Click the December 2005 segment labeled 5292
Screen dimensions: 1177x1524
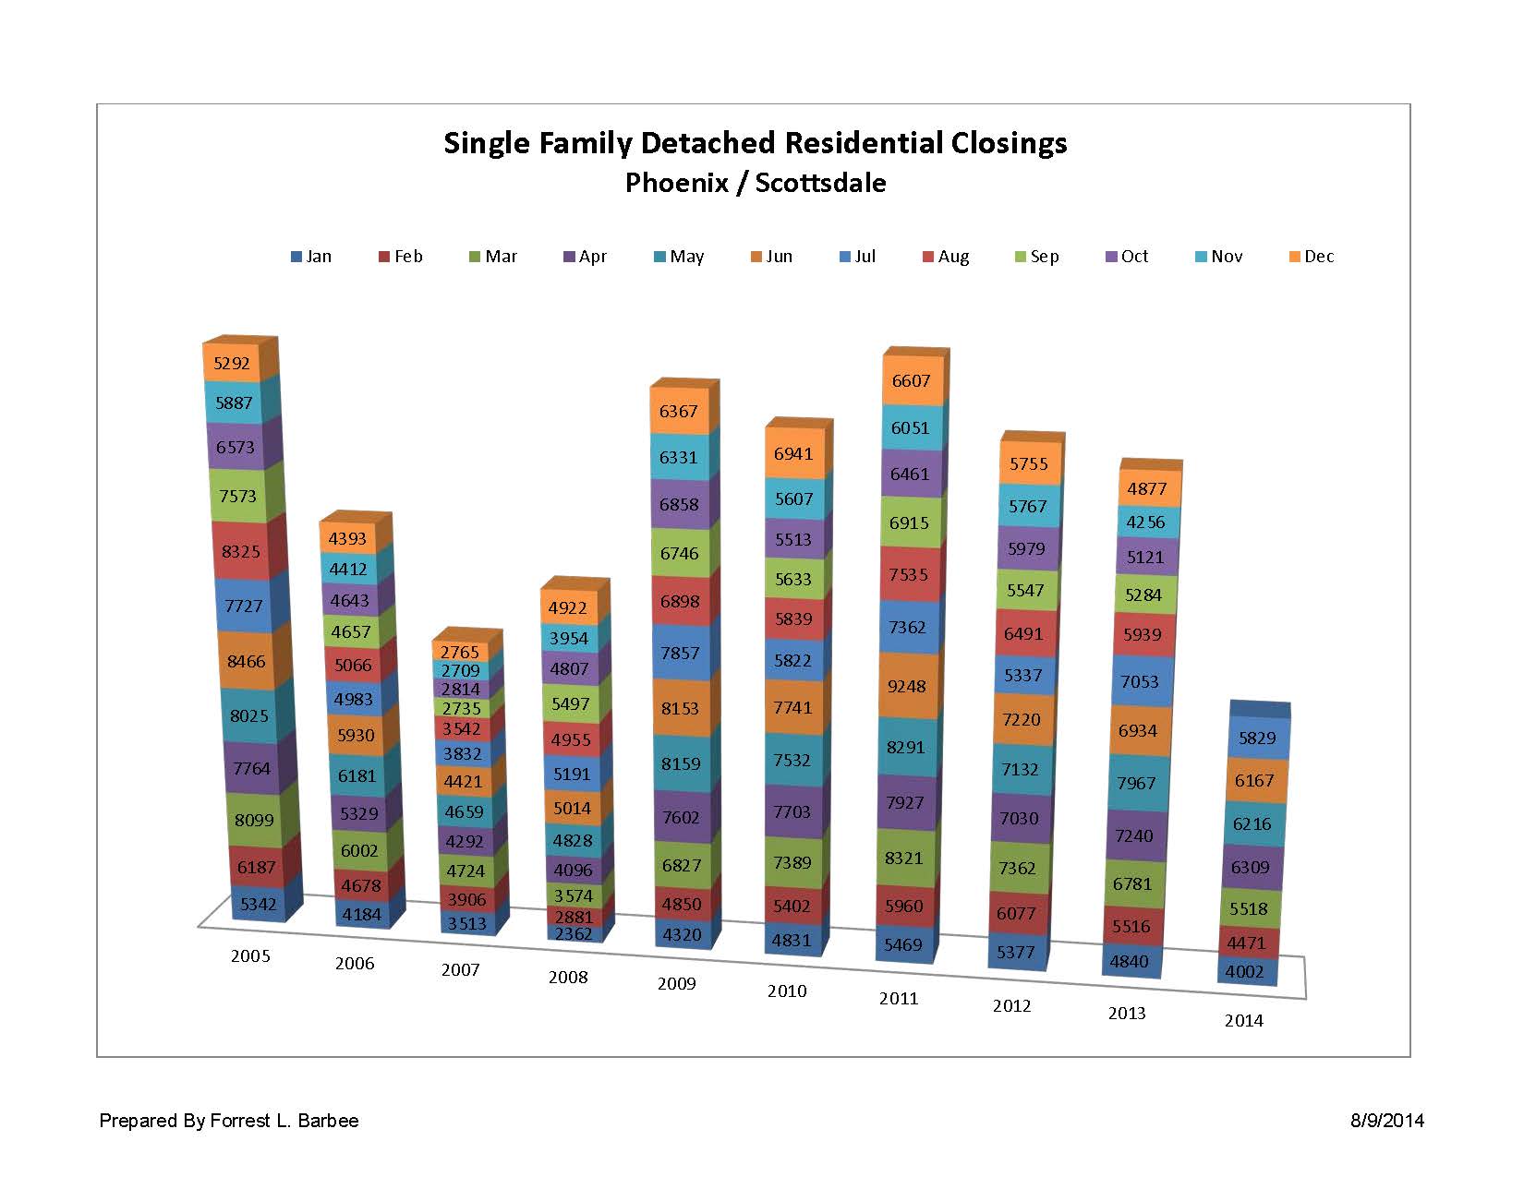[232, 364]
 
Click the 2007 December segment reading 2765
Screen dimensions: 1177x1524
[460, 652]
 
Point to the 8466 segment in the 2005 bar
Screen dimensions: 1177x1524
[245, 661]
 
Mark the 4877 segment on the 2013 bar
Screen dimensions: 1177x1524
[1147, 488]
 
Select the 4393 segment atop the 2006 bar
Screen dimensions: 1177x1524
[347, 538]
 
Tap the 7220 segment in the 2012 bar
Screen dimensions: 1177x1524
[1021, 719]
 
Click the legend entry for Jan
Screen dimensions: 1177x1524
[311, 257]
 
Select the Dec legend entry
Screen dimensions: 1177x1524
[1312, 257]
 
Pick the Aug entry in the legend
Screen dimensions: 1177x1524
[946, 257]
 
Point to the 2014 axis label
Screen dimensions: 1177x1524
[1243, 1020]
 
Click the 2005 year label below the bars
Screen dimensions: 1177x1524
[250, 955]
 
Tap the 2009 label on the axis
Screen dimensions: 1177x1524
[676, 983]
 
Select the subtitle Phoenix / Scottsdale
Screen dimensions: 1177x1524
[755, 183]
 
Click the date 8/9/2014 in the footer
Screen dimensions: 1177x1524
[1386, 1121]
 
